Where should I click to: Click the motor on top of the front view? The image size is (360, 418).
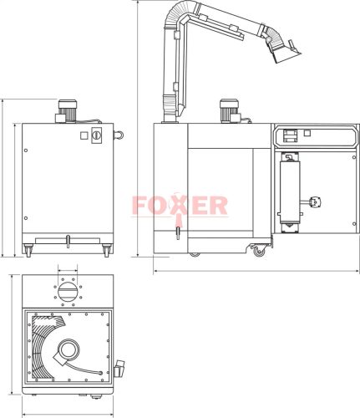pyautogui.click(x=67, y=109)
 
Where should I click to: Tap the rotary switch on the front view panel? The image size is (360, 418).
pyautogui.click(x=95, y=135)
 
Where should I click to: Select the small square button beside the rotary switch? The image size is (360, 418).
pyautogui.click(x=83, y=135)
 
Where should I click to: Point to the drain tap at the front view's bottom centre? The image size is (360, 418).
pyautogui.click(x=66, y=242)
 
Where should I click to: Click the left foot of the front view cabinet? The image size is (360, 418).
pyautogui.click(x=29, y=248)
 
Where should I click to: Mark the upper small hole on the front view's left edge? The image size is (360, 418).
pyautogui.click(x=26, y=150)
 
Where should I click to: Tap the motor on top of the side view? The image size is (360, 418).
pyautogui.click(x=226, y=110)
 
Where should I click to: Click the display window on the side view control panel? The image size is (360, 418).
pyautogui.click(x=291, y=134)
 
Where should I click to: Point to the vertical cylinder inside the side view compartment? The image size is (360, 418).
pyautogui.click(x=292, y=192)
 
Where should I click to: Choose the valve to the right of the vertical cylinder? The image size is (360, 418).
pyautogui.click(x=314, y=201)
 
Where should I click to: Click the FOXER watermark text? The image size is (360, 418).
pyautogui.click(x=179, y=205)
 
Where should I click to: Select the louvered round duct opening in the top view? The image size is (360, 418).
pyautogui.click(x=65, y=292)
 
